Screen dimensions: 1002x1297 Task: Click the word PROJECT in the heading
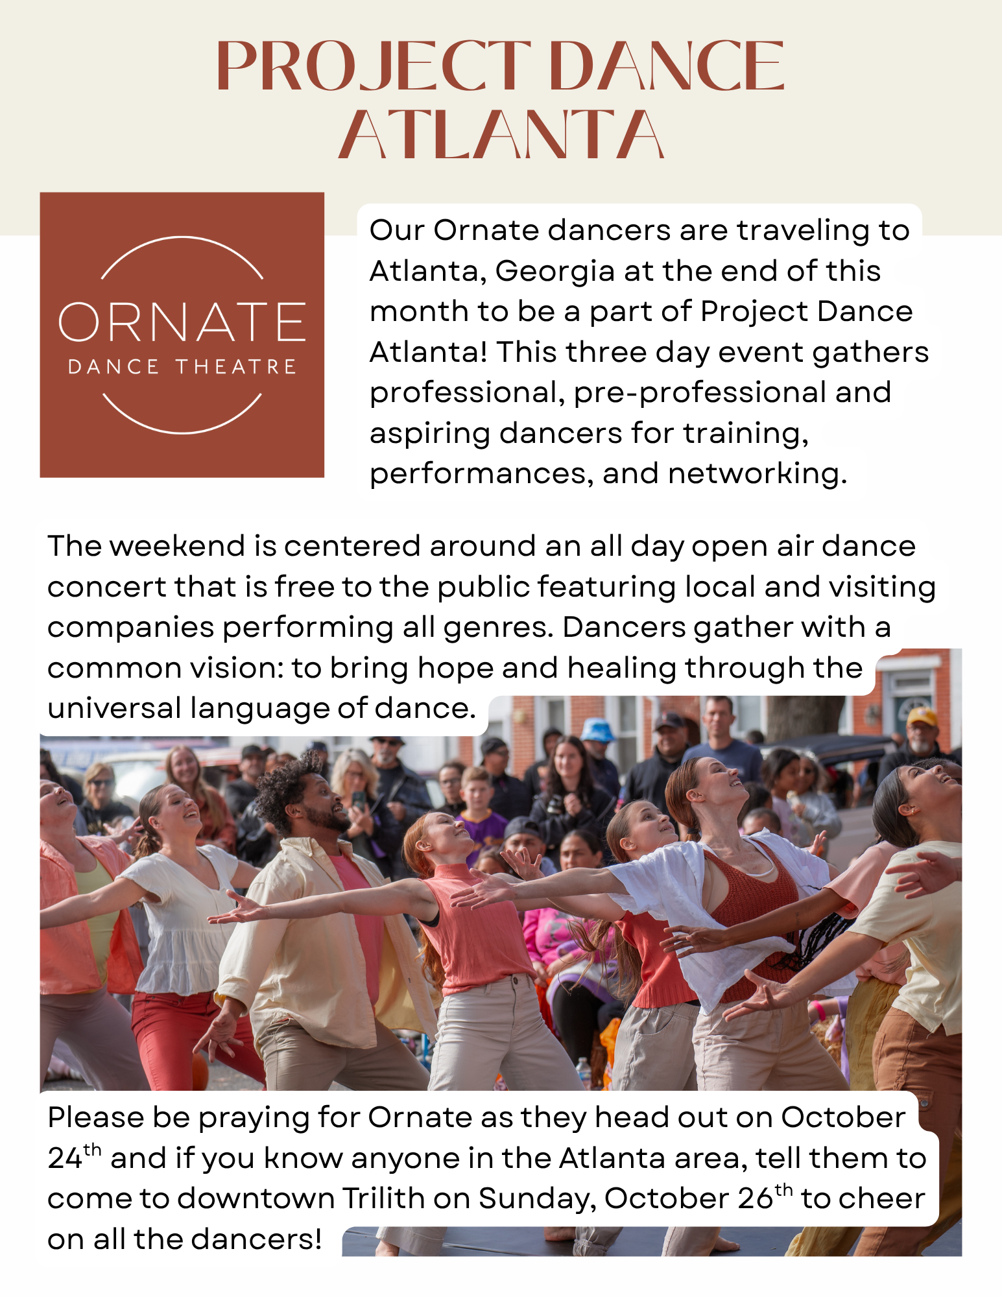[373, 65]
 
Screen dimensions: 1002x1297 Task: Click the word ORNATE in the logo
[182, 322]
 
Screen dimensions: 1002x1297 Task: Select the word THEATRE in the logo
[236, 367]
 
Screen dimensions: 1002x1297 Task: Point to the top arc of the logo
[182, 238]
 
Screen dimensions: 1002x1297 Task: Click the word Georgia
[555, 272]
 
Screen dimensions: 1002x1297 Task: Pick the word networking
[757, 474]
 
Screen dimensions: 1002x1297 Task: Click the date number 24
[65, 1160]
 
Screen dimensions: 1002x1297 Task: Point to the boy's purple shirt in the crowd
[480, 828]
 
